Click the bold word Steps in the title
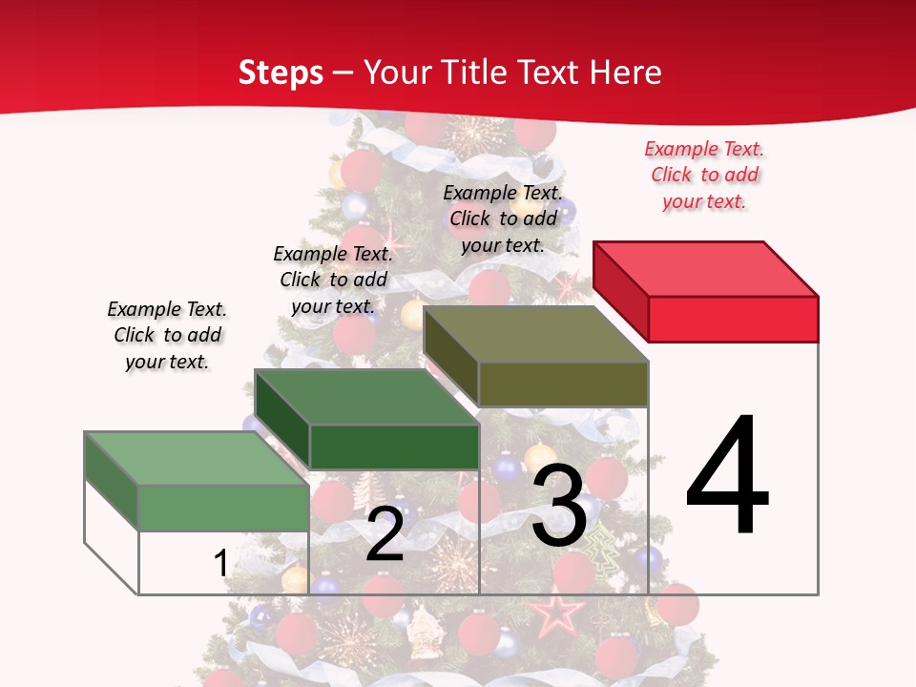pyautogui.click(x=281, y=73)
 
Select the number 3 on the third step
pyautogui.click(x=559, y=506)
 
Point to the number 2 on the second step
pyautogui.click(x=385, y=534)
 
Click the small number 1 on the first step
pyautogui.click(x=220, y=563)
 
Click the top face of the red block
pyautogui.click(x=706, y=269)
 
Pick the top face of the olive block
pyautogui.click(x=536, y=334)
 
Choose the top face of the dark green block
pyautogui.click(x=367, y=397)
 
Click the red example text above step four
pyautogui.click(x=705, y=176)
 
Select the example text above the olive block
pyautogui.click(x=503, y=219)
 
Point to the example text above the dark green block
pyautogui.click(x=333, y=280)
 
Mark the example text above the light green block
pyautogui.click(x=167, y=335)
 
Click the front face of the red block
pyautogui.click(x=733, y=319)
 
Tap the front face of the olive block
pyautogui.click(x=563, y=385)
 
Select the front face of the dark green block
pyautogui.click(x=394, y=447)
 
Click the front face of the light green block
pyautogui.click(x=224, y=508)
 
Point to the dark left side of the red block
pyautogui.click(x=620, y=291)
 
